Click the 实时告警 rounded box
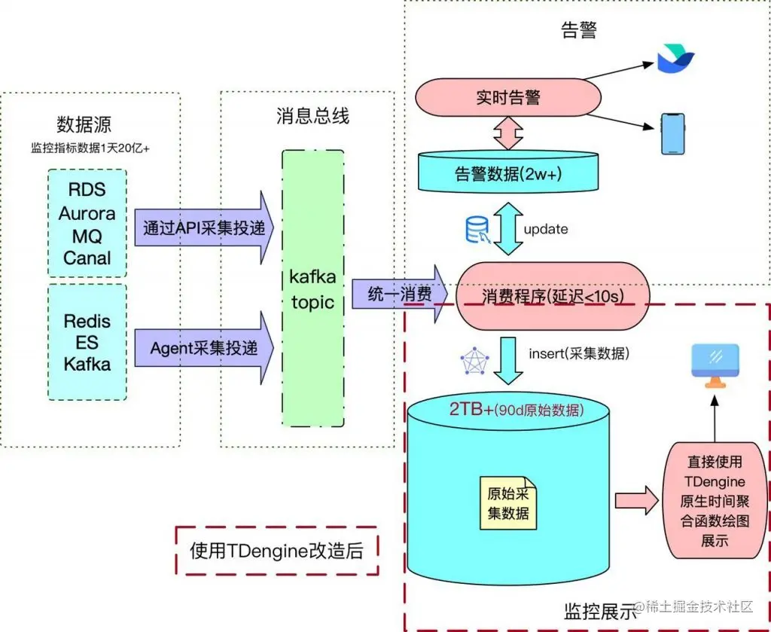click(x=508, y=97)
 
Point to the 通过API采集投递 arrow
click(x=203, y=228)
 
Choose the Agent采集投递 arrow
click(x=203, y=348)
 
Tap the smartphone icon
click(x=672, y=134)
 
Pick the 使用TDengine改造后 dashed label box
click(x=276, y=551)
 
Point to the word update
click(x=545, y=229)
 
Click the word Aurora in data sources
click(x=87, y=213)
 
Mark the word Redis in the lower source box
click(x=87, y=321)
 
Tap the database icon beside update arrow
click(x=477, y=230)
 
